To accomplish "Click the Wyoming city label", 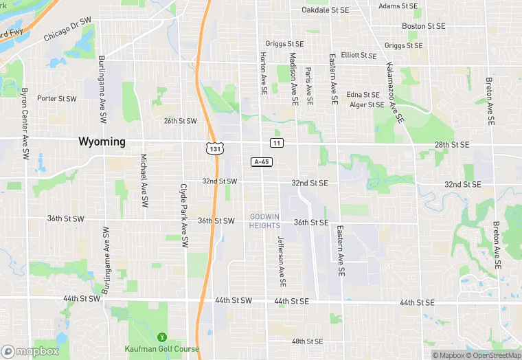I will click(102, 142).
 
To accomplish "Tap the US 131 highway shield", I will click(215, 148).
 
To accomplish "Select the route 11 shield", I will click(275, 142).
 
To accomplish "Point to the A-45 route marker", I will click(260, 161).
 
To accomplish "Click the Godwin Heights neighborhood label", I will click(264, 221).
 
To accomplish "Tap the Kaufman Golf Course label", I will click(162, 348).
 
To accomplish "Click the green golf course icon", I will click(162, 337).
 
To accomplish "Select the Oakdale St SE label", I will click(326, 10).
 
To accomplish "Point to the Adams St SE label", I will click(398, 5).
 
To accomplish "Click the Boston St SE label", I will click(424, 26).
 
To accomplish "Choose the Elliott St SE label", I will click(359, 55).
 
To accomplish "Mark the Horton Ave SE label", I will click(263, 73).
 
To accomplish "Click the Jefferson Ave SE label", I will click(280, 261).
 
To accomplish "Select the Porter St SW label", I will click(56, 98).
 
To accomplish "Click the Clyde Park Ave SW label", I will click(183, 215).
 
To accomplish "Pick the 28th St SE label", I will click(451, 145).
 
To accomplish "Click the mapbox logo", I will click(30, 351).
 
